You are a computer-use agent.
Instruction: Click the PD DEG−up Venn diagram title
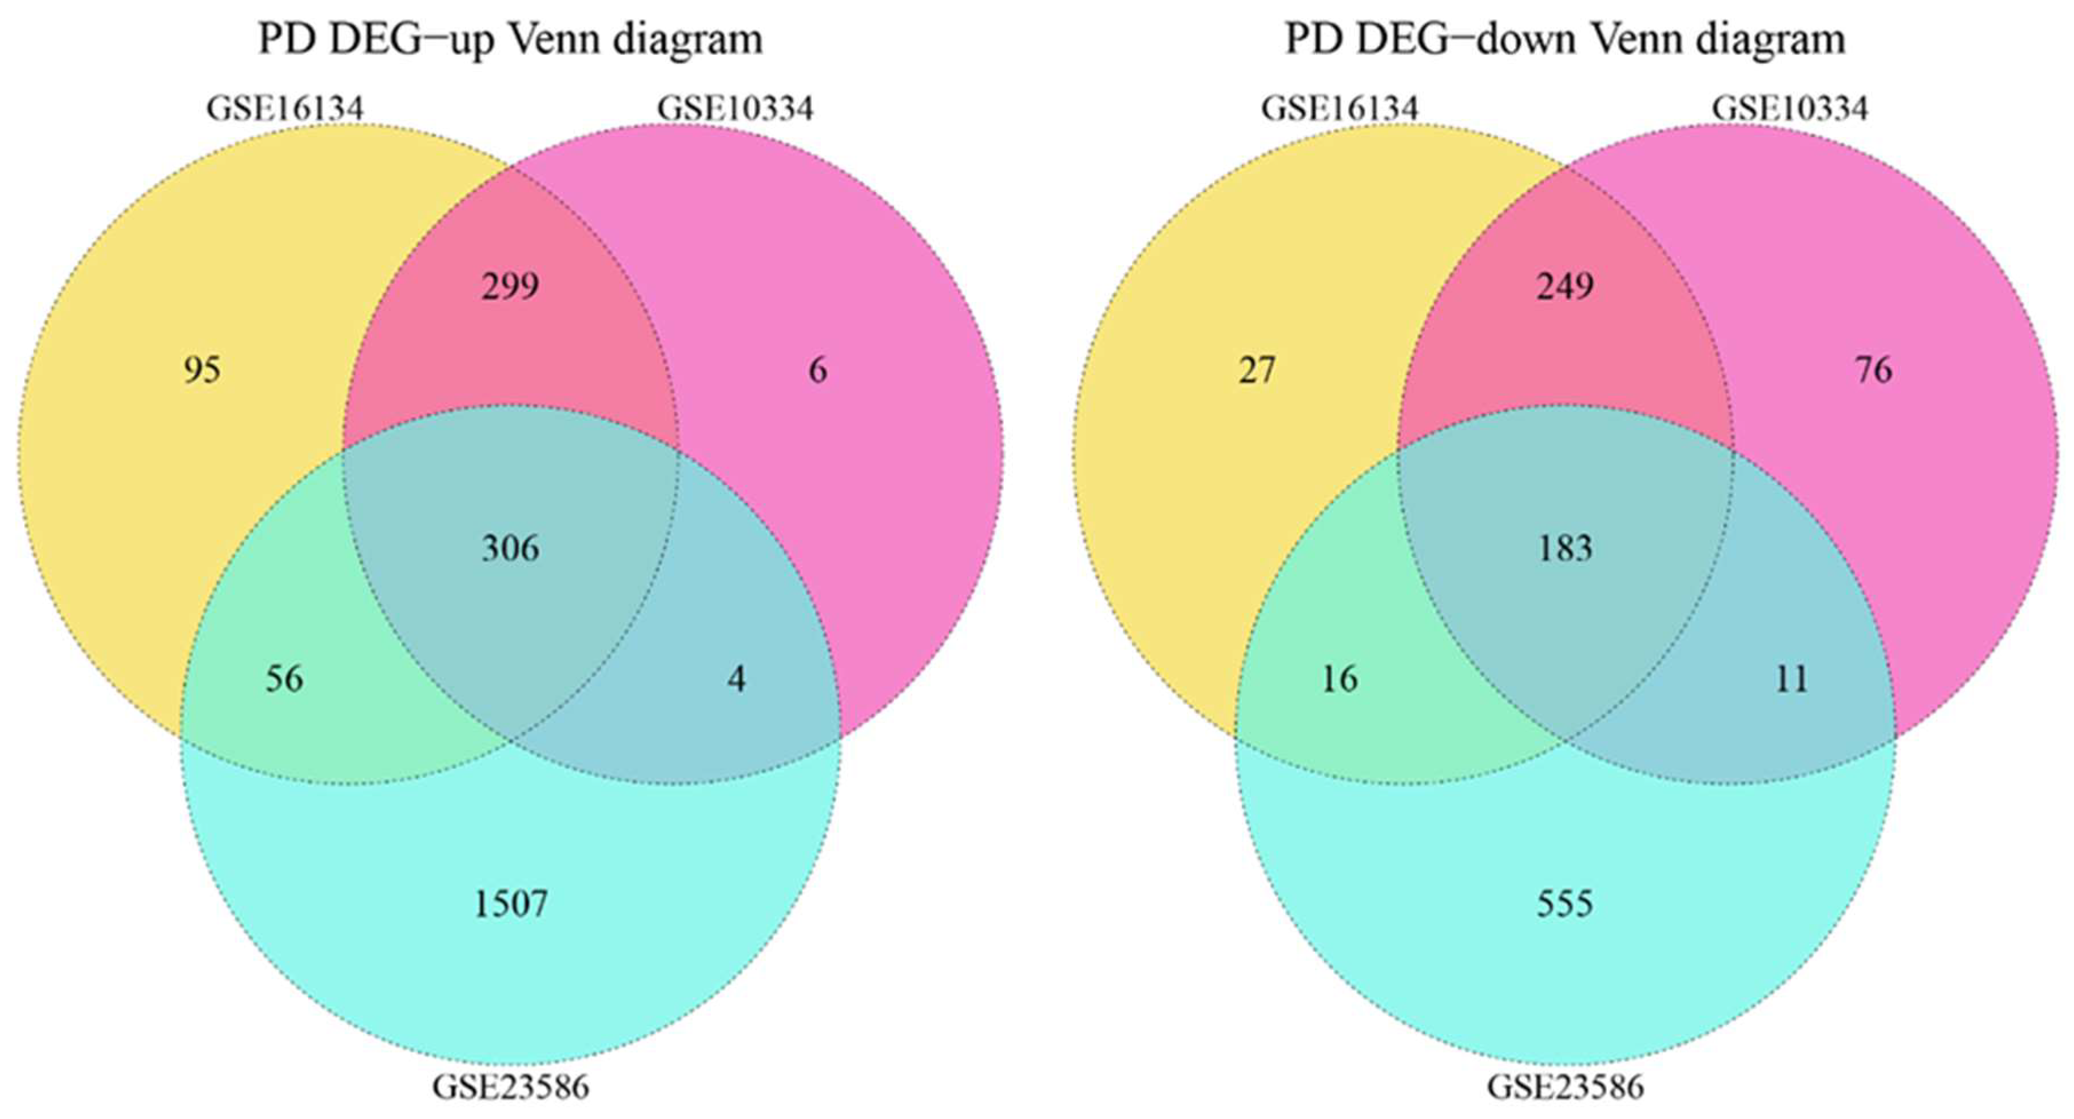(510, 39)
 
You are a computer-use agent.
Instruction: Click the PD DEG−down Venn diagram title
(1564, 39)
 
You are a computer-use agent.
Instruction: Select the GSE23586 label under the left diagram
(510, 1087)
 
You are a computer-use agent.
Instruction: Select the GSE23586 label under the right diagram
(1564, 1087)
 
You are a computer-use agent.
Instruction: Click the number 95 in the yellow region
(201, 371)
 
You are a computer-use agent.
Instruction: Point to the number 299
(510, 286)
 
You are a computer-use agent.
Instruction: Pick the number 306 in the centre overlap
(510, 549)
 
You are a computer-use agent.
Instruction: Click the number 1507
(510, 904)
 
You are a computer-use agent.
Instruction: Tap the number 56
(284, 679)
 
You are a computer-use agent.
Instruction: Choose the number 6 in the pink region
(817, 371)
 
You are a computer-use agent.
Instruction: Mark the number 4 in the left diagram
(736, 679)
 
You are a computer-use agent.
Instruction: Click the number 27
(1256, 371)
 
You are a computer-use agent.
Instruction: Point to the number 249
(1564, 286)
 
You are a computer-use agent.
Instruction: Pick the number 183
(1564, 549)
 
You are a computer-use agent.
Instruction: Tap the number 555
(1564, 904)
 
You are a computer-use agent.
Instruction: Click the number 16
(1339, 679)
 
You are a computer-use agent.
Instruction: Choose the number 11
(1791, 679)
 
